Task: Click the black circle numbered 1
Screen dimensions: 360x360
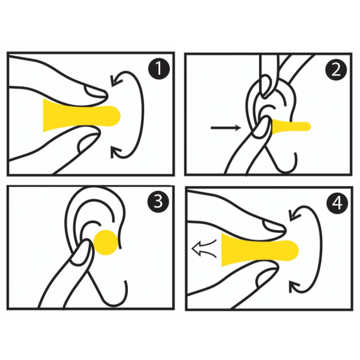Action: tap(159, 68)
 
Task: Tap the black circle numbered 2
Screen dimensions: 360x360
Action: tap(337, 70)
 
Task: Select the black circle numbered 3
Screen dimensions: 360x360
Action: tap(158, 202)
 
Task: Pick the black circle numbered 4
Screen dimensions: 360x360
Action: tap(337, 203)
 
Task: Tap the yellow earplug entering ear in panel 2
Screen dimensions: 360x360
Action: tap(291, 127)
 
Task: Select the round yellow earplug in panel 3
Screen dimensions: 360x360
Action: tap(106, 242)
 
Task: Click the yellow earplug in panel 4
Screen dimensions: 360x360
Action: tap(259, 250)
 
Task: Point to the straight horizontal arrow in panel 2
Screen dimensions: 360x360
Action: tap(226, 127)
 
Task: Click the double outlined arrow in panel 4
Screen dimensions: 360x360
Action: tap(204, 248)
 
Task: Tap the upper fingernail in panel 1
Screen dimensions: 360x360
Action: tap(95, 91)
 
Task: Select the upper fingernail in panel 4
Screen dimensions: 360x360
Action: tap(273, 226)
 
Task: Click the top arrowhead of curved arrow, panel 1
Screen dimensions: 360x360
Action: tap(116, 80)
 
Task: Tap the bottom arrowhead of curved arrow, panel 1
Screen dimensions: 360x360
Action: tap(115, 152)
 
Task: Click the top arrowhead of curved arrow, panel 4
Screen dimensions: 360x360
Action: tap(295, 215)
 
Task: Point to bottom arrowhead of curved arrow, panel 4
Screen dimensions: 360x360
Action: tap(294, 287)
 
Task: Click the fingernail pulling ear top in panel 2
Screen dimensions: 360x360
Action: tap(267, 86)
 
